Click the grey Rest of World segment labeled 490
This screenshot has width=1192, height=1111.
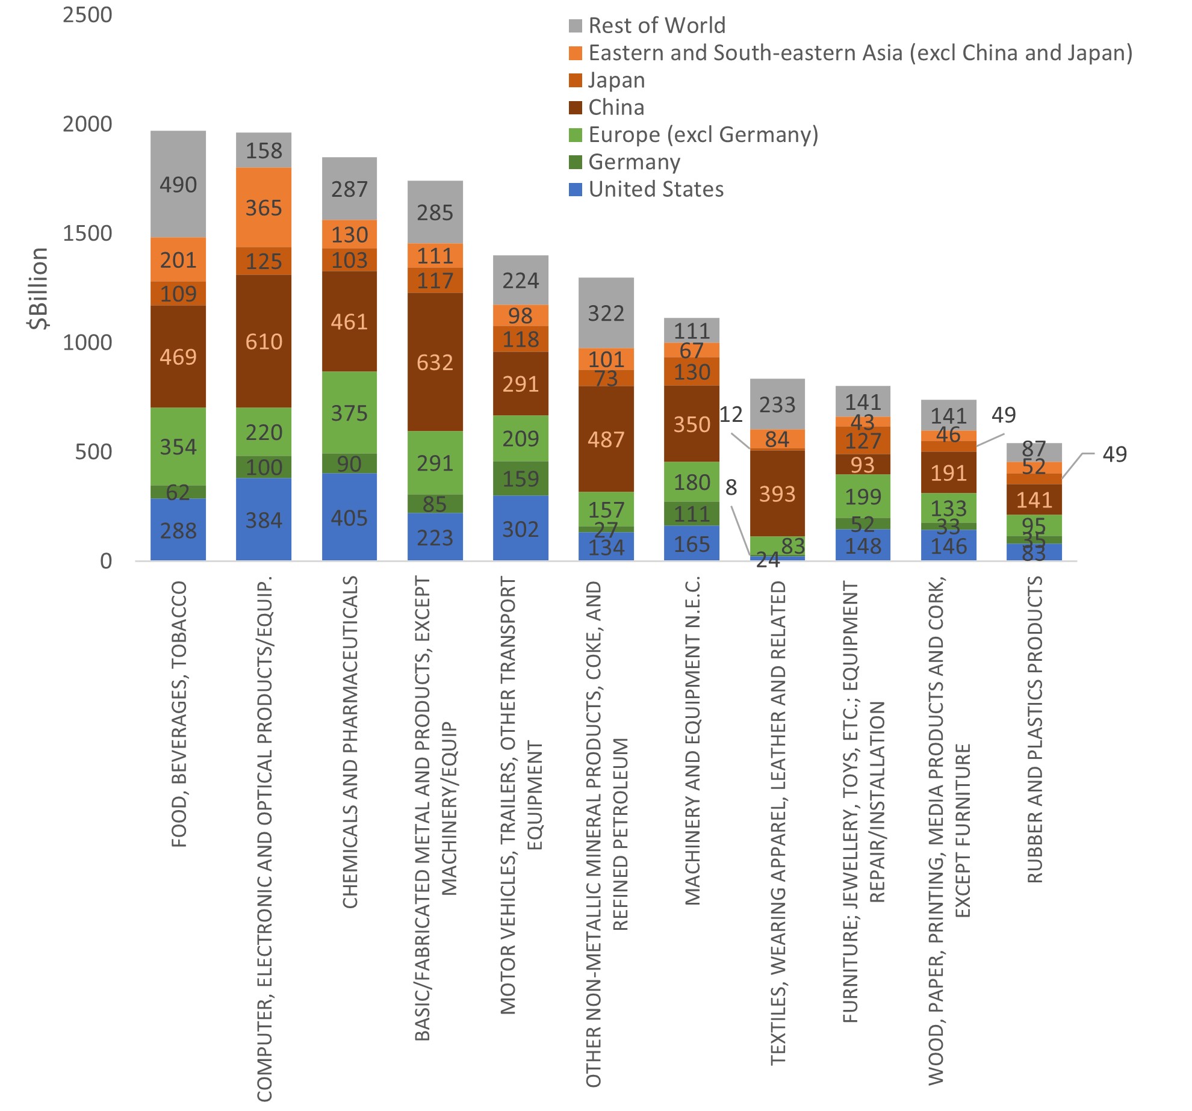coord(178,184)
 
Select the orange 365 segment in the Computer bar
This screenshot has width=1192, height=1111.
coord(264,208)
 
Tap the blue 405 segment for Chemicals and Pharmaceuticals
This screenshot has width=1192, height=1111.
coord(349,518)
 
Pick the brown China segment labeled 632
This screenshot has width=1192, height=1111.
coord(435,362)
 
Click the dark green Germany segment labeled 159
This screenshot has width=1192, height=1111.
coord(521,478)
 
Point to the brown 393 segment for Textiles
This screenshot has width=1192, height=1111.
coord(777,494)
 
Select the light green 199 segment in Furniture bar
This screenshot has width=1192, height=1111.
coord(863,497)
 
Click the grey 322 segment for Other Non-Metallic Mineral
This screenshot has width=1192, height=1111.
coord(606,313)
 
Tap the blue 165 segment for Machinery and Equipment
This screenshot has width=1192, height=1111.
coord(692,543)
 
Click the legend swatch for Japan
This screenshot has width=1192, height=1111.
coord(576,80)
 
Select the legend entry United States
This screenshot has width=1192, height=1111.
coord(656,189)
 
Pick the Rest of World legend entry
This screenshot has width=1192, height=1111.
coord(656,25)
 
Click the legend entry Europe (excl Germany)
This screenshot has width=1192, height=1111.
coord(703,134)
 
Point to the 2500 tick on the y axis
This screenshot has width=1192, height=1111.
coord(88,14)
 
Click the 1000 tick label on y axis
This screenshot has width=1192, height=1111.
coord(88,342)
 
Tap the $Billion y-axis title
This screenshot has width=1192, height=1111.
coord(38,288)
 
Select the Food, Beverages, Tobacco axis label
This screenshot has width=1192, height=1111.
coord(179,714)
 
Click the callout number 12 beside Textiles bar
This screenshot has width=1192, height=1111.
coord(731,414)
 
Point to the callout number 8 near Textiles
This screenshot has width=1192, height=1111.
coord(731,487)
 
